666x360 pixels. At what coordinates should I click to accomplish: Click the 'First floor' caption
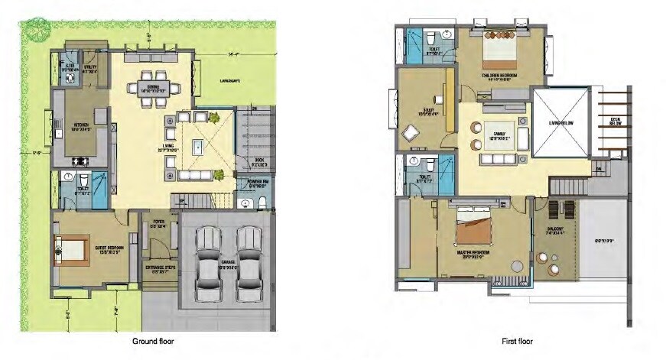(x=518, y=341)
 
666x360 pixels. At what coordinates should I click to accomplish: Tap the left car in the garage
(x=208, y=262)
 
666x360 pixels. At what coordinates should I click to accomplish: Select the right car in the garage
(x=249, y=262)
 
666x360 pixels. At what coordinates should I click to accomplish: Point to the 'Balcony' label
(x=555, y=230)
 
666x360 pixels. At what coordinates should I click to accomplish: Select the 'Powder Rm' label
(x=256, y=183)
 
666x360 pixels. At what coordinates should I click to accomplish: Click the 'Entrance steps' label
(x=159, y=269)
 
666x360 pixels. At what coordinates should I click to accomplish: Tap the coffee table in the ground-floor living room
(x=198, y=144)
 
